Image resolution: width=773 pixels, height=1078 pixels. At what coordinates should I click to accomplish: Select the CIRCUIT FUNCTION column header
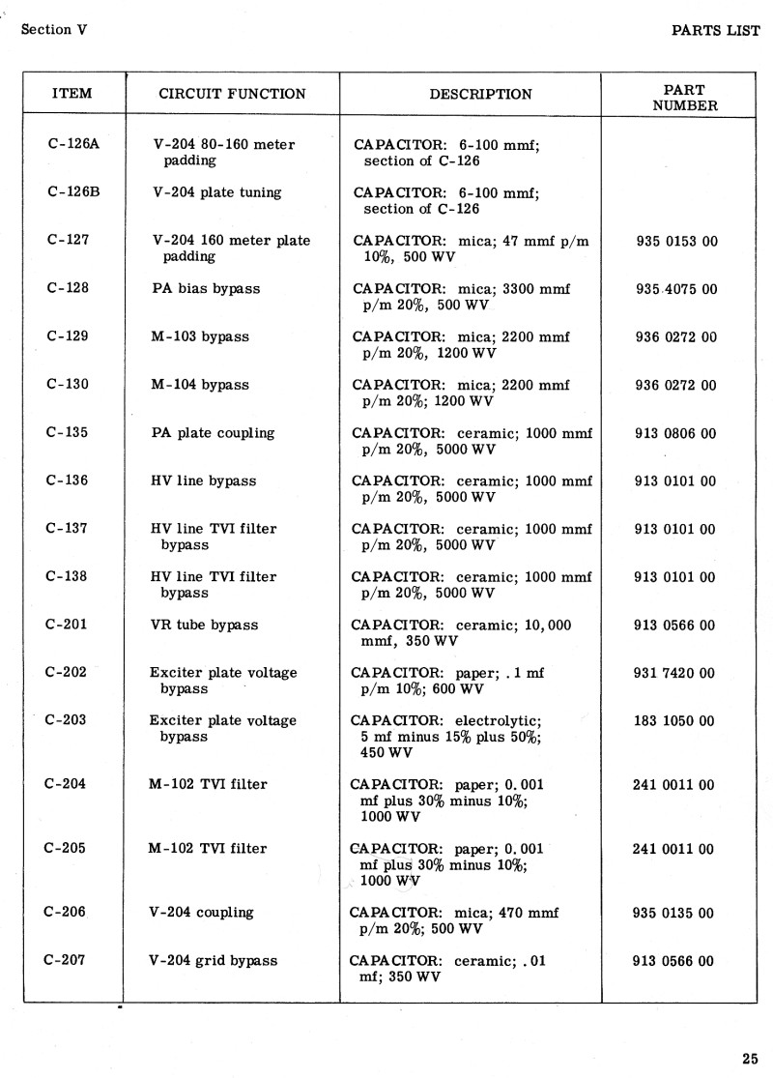[232, 94]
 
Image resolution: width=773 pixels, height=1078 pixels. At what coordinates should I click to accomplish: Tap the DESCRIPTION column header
[480, 95]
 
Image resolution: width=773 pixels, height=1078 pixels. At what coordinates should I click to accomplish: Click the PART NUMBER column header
[685, 98]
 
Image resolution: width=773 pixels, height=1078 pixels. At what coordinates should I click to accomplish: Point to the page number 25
[751, 1056]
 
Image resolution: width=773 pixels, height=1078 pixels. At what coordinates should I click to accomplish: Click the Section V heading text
[54, 29]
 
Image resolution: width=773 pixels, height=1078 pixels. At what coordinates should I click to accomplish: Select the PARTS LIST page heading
[716, 30]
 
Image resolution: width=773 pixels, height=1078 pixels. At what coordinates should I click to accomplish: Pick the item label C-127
[68, 240]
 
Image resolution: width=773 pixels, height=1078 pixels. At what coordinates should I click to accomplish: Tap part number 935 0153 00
[676, 241]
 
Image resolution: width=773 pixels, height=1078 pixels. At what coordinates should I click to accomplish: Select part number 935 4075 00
[676, 289]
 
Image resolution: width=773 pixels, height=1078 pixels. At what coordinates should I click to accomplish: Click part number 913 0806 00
[675, 434]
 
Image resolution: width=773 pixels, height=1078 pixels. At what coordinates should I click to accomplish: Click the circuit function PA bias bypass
[206, 288]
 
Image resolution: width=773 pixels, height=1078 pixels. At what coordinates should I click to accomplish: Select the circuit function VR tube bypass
[204, 625]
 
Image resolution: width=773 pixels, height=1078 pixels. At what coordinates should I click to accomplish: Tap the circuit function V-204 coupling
[201, 912]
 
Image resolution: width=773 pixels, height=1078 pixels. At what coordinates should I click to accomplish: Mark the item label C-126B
[73, 191]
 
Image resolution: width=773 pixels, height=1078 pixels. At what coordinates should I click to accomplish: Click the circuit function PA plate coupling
[213, 433]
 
